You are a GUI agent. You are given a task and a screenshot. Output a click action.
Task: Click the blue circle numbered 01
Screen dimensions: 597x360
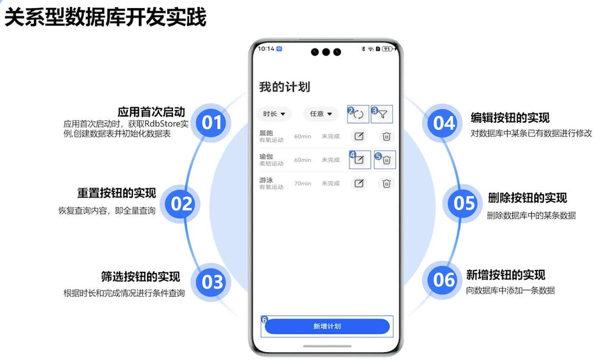(x=212, y=123)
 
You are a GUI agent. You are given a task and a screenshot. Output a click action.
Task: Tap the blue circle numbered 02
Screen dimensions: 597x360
(x=181, y=204)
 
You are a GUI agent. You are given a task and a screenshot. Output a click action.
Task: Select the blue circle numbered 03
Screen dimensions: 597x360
(x=212, y=282)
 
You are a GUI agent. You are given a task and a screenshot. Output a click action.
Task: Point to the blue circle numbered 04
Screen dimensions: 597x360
(x=444, y=123)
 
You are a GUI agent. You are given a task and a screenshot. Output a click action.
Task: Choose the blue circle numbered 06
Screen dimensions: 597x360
(x=444, y=280)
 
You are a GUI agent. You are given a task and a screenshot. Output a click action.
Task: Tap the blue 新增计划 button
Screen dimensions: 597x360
(x=327, y=326)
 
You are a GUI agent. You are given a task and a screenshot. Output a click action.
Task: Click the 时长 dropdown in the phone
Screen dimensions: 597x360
(x=274, y=114)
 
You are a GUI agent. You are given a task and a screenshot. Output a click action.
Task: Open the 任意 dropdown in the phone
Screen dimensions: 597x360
(x=321, y=114)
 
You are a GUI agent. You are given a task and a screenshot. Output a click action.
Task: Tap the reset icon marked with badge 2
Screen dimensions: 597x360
(x=359, y=114)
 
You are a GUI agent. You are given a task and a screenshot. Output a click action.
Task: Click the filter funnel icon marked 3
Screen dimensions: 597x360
(x=383, y=114)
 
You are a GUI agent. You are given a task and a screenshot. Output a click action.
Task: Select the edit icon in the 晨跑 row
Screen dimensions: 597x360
(x=359, y=136)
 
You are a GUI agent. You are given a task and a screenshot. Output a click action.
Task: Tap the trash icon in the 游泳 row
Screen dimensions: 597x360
(x=386, y=183)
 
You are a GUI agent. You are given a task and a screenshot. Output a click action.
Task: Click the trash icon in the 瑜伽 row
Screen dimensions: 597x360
(x=386, y=160)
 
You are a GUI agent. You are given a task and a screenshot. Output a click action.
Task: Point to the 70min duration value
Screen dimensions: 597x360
(x=302, y=183)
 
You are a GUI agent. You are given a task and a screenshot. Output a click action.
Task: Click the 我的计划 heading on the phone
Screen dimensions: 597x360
(x=284, y=87)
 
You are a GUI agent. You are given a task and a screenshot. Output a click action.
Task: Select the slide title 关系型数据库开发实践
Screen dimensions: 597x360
(x=105, y=18)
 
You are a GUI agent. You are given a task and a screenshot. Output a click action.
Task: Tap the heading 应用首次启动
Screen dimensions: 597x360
(x=151, y=112)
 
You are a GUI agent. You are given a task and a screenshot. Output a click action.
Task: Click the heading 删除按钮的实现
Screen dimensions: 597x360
(x=527, y=198)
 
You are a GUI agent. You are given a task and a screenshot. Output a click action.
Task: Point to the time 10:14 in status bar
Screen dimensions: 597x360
(x=266, y=49)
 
